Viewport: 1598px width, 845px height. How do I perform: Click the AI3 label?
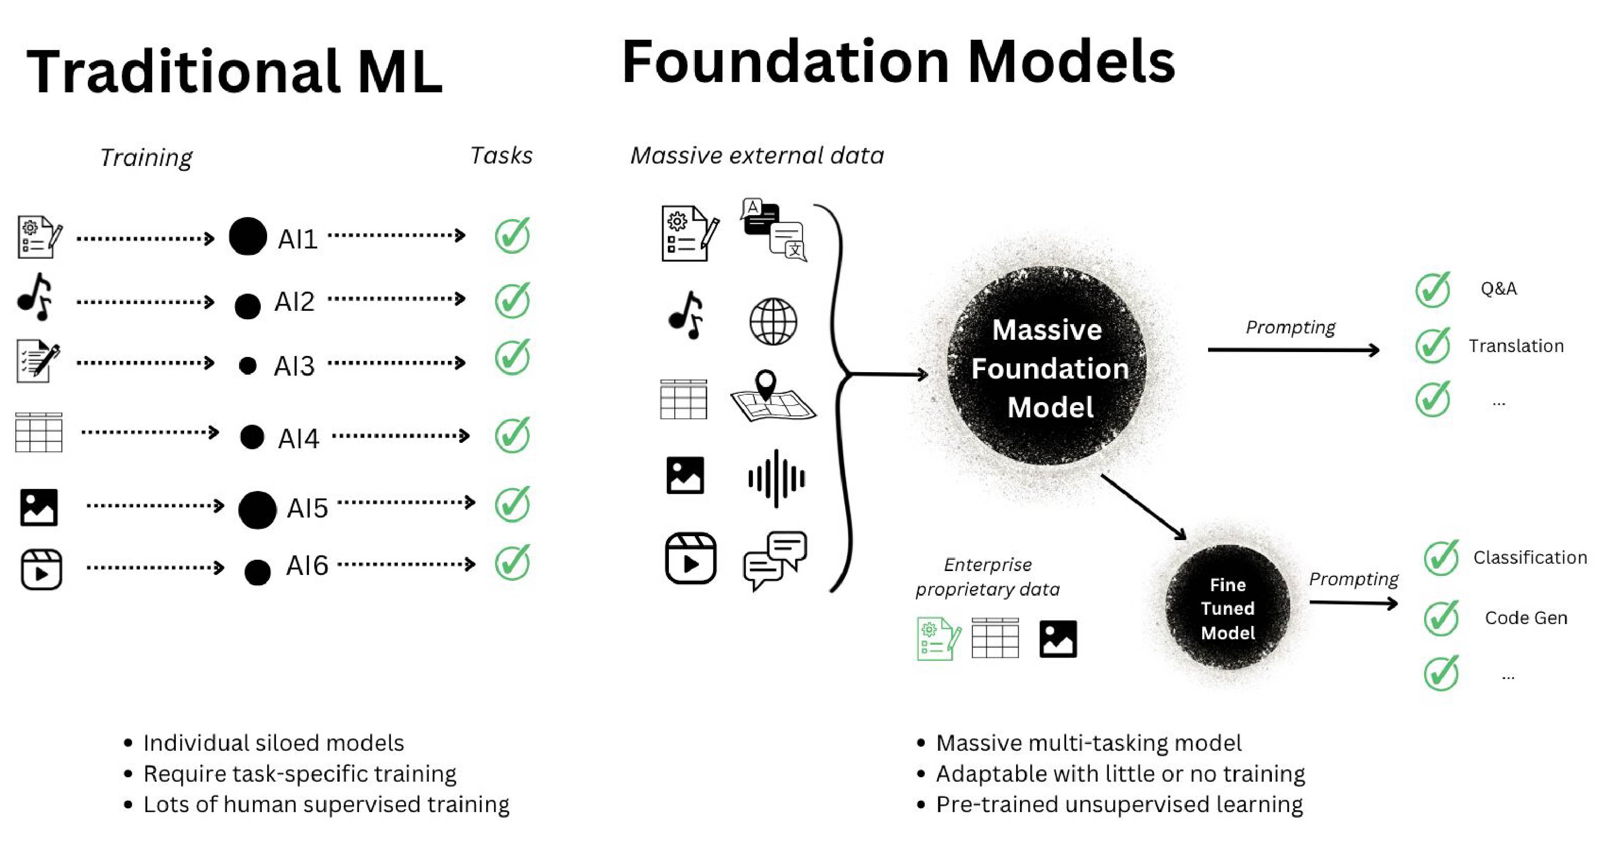294,366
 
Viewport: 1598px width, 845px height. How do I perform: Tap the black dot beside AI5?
257,510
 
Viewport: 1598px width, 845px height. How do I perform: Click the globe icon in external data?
773,322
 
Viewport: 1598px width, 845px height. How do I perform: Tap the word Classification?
1530,558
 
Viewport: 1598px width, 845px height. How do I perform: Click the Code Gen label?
1525,618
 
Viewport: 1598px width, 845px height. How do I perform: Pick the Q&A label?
1498,289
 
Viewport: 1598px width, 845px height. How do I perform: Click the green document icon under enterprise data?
938,638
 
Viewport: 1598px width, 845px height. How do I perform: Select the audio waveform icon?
775,478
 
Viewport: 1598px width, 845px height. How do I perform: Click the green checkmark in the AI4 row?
512,435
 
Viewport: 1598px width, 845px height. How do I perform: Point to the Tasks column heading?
501,156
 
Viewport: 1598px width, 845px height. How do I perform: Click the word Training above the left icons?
146,158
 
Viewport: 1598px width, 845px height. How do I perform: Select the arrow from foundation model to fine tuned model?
1143,507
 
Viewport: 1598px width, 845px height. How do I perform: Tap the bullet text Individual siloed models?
273,743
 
